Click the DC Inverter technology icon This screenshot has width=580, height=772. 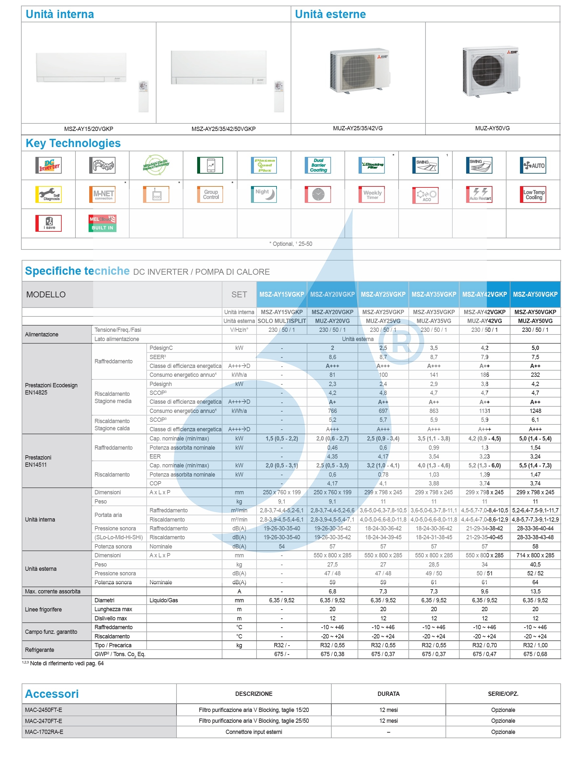(x=48, y=165)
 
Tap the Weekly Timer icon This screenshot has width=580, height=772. (x=371, y=194)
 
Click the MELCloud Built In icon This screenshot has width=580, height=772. (x=102, y=224)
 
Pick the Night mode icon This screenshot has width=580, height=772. (x=264, y=194)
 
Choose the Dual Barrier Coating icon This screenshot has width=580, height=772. (x=318, y=165)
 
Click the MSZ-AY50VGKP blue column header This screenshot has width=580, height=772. (x=535, y=294)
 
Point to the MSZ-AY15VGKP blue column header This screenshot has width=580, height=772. (x=281, y=294)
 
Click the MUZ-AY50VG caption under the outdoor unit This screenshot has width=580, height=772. (x=492, y=128)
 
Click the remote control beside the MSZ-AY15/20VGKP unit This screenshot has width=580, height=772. (x=143, y=96)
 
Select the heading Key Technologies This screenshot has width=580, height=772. (x=73, y=143)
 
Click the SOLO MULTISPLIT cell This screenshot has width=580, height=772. (x=281, y=321)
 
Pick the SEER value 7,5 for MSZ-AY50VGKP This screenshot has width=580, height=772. (x=535, y=357)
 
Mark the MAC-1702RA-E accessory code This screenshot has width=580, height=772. (x=44, y=732)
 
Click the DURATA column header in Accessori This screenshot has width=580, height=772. (x=388, y=694)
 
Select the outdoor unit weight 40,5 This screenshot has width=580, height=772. (x=535, y=564)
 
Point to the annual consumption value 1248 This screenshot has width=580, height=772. (x=535, y=411)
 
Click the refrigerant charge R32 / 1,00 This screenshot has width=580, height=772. (x=535, y=645)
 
